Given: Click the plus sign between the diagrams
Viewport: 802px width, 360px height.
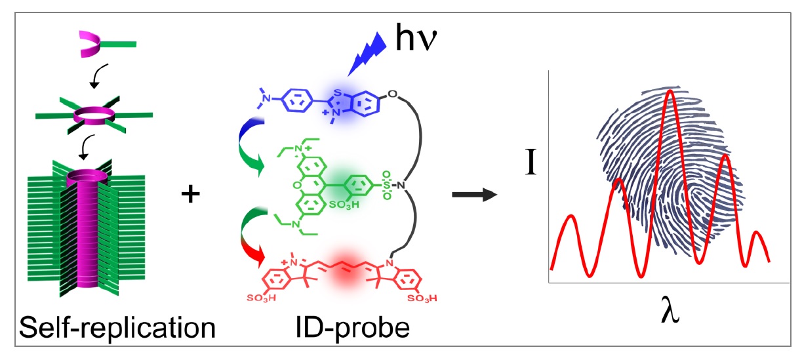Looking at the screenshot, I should pos(191,195).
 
